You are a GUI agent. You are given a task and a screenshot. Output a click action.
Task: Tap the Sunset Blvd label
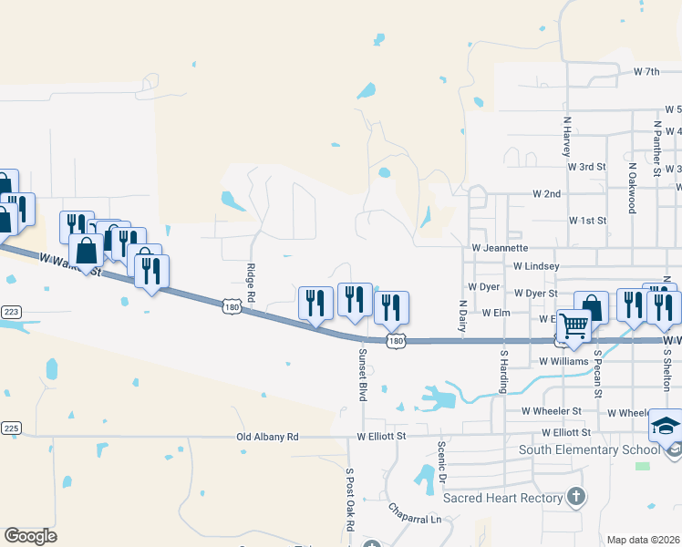coord(362,375)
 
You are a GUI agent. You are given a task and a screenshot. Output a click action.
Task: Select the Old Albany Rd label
coord(267,438)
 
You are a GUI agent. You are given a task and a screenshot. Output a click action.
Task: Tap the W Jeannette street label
coord(500,247)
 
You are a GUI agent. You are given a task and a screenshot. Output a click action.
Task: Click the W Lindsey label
coord(536,266)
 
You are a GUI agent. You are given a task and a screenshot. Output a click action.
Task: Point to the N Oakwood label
coord(631,189)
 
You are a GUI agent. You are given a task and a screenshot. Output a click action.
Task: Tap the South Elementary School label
coord(589,449)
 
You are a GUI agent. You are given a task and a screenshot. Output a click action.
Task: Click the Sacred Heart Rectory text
coord(502,498)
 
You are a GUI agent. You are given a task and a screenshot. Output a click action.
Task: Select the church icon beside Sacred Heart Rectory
coord(574,497)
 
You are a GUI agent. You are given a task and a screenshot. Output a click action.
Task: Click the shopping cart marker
coord(573,325)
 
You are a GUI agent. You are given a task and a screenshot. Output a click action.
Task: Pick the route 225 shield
coord(10,428)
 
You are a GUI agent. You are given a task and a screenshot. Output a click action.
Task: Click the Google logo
coord(30,536)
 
